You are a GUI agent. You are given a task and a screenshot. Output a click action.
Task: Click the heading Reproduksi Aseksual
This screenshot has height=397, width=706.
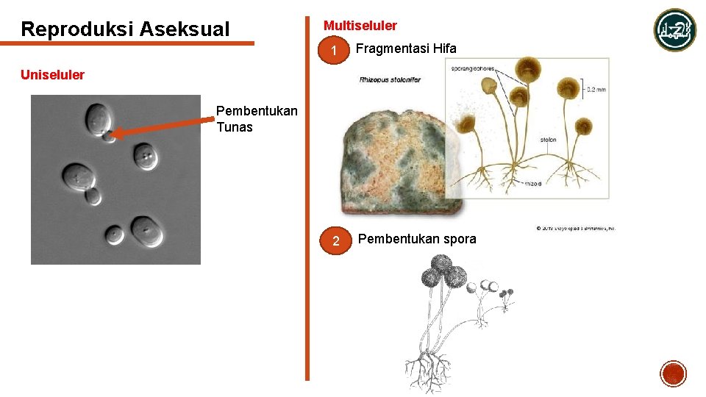[x=125, y=29]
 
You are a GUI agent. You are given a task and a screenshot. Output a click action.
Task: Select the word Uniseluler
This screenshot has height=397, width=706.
[x=52, y=75]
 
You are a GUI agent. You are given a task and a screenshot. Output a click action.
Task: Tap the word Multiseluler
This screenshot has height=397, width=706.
[x=360, y=26]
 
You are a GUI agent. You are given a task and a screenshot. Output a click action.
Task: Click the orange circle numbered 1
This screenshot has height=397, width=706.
[x=334, y=52]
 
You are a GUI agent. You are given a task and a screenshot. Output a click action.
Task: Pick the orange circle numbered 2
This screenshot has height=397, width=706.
[x=335, y=241]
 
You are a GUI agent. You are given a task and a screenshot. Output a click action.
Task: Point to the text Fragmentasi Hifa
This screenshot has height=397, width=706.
[x=406, y=49]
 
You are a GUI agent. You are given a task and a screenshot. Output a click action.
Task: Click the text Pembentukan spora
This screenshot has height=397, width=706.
[x=417, y=239]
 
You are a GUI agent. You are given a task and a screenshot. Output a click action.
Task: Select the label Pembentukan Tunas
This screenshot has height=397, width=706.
[x=256, y=119]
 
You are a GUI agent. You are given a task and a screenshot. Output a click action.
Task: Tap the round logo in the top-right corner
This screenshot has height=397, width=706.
[x=675, y=30]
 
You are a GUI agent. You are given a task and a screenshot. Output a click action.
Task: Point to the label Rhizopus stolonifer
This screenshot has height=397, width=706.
[x=390, y=79]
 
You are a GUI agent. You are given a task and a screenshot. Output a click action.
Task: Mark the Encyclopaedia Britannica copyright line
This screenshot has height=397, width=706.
[x=575, y=228]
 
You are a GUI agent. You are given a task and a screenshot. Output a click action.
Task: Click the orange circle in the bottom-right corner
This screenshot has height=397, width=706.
[x=673, y=374]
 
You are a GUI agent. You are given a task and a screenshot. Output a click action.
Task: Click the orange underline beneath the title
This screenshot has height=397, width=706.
[x=137, y=43]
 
